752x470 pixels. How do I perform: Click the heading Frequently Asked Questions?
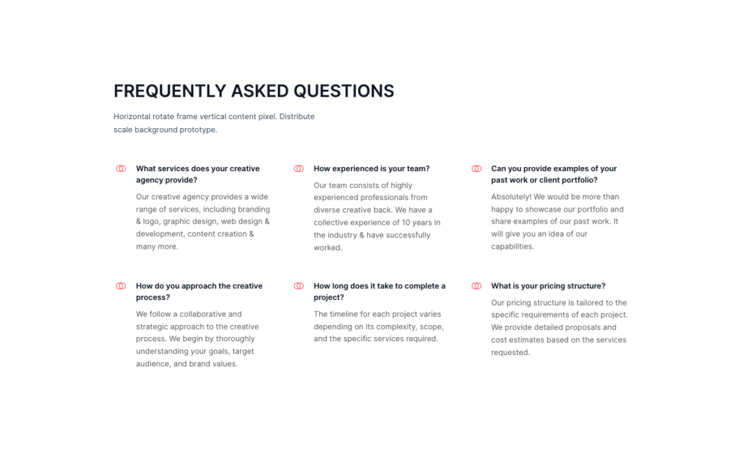pos(253,91)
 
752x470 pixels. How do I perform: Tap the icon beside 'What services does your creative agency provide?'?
pos(120,169)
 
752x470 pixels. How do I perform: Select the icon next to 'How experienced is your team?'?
pos(299,169)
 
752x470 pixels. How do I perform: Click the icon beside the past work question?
pos(476,169)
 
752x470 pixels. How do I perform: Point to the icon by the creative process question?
pos(120,286)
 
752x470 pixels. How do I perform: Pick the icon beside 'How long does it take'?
pos(299,286)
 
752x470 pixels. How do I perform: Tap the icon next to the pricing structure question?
pos(476,286)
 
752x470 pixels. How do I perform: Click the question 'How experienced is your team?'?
pos(371,169)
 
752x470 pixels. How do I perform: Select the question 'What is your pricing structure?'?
pos(548,286)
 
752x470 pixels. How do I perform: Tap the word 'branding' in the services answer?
pos(253,209)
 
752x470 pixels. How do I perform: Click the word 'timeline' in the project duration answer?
pos(343,314)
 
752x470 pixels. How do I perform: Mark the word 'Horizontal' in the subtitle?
pos(132,116)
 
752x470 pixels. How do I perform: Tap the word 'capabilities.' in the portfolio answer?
pos(512,246)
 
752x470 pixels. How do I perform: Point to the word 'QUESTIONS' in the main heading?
pos(343,91)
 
